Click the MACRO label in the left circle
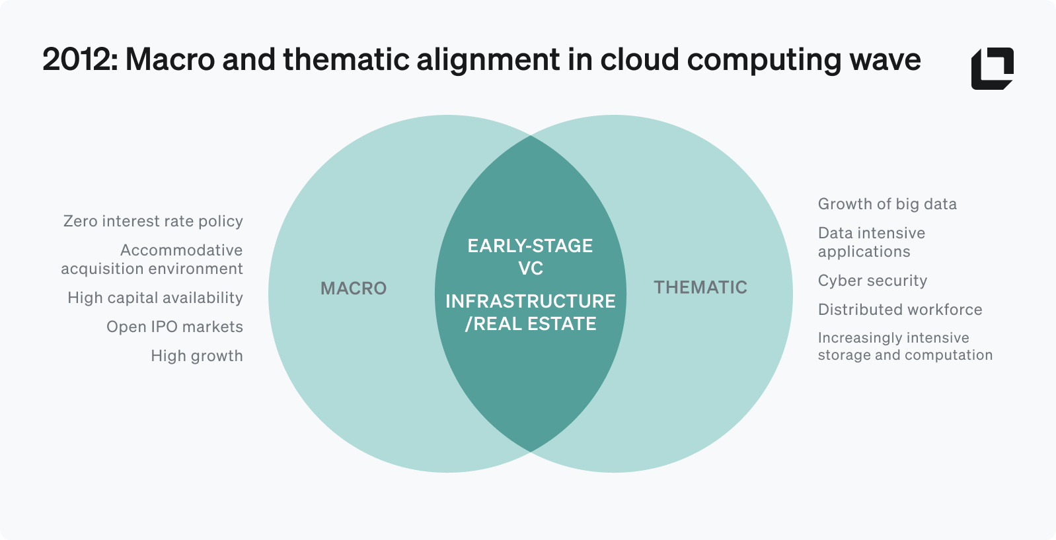[354, 288]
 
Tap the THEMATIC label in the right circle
[700, 287]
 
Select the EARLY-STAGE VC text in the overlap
[530, 257]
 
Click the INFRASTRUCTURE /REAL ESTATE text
[530, 312]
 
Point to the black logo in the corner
[992, 68]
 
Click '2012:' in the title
[80, 59]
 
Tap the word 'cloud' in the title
[640, 59]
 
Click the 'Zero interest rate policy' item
[153, 221]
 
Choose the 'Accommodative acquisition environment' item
[152, 259]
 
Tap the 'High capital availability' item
[155, 298]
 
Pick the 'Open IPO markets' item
[174, 327]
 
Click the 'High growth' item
[197, 356]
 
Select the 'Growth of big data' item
[887, 204]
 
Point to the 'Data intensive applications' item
[871, 242]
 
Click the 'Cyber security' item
[872, 281]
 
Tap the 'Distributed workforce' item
[899, 310]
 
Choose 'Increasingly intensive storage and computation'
[905, 347]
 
